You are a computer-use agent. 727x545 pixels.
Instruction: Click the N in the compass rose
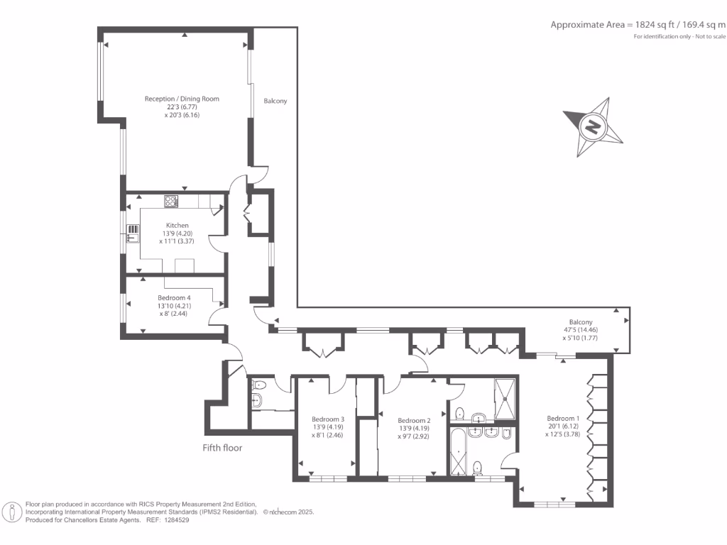(x=591, y=128)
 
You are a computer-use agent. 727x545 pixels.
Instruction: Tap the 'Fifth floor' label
(x=223, y=448)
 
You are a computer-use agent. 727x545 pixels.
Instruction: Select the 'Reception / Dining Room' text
(x=182, y=99)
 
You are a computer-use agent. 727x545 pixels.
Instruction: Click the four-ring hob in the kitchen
(x=171, y=201)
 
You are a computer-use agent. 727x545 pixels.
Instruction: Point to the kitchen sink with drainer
(x=133, y=231)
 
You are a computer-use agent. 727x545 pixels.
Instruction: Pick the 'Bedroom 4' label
(x=174, y=298)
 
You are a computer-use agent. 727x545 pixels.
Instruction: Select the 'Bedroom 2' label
(x=414, y=420)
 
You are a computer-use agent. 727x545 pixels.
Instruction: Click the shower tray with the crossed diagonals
(x=505, y=400)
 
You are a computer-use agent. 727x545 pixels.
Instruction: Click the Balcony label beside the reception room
(x=275, y=101)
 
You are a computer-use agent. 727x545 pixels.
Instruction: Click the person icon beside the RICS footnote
(x=12, y=511)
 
